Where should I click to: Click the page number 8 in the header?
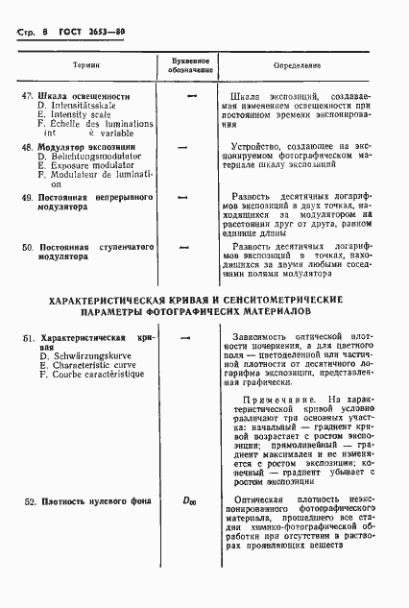[x=46, y=32]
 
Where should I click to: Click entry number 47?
[x=27, y=96]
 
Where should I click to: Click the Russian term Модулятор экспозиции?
[x=86, y=147]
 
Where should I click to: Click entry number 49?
[x=27, y=197]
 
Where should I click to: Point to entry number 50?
[x=27, y=247]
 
